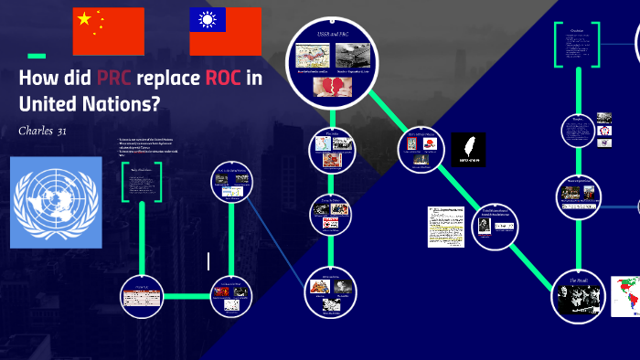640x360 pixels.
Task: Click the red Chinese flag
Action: tap(109, 31)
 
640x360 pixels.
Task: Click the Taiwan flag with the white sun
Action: tap(225, 31)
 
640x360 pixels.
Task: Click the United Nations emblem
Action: tap(57, 202)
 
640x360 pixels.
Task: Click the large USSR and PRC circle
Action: tap(331, 63)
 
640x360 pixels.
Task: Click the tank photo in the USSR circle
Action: tap(351, 56)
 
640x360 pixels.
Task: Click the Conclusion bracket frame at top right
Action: tap(577, 44)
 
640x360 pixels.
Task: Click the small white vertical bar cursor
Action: tap(208, 261)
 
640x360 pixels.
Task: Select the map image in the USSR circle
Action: tap(313, 56)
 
